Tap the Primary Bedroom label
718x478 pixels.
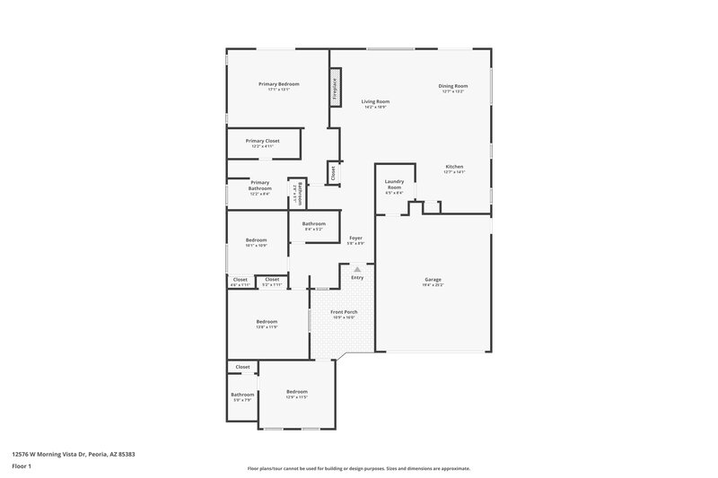click(x=278, y=84)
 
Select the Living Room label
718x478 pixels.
click(x=375, y=101)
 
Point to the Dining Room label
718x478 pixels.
click(x=453, y=86)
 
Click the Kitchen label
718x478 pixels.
click(x=455, y=167)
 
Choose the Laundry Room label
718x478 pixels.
click(x=394, y=184)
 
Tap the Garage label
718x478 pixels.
click(x=433, y=280)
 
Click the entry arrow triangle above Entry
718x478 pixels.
click(x=357, y=268)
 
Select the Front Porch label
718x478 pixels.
click(x=344, y=312)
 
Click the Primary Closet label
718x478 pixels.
click(x=263, y=141)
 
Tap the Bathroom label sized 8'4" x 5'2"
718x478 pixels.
click(x=313, y=223)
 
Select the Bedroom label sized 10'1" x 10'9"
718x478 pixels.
click(x=257, y=239)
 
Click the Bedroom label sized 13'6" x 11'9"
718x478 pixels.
click(x=267, y=321)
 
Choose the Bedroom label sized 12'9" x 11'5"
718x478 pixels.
click(x=296, y=392)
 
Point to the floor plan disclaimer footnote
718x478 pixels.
click(x=359, y=468)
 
